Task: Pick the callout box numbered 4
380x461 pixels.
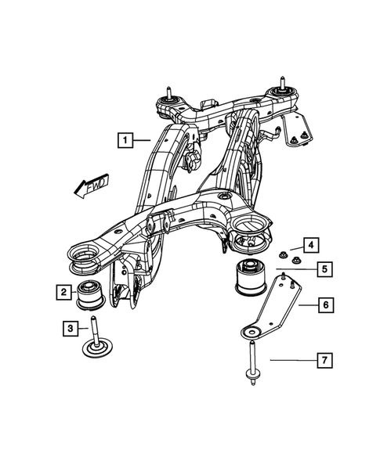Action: point(311,244)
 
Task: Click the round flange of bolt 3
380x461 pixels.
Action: point(98,347)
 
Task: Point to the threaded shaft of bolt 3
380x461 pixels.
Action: point(96,326)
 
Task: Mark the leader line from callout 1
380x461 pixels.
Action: point(142,141)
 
